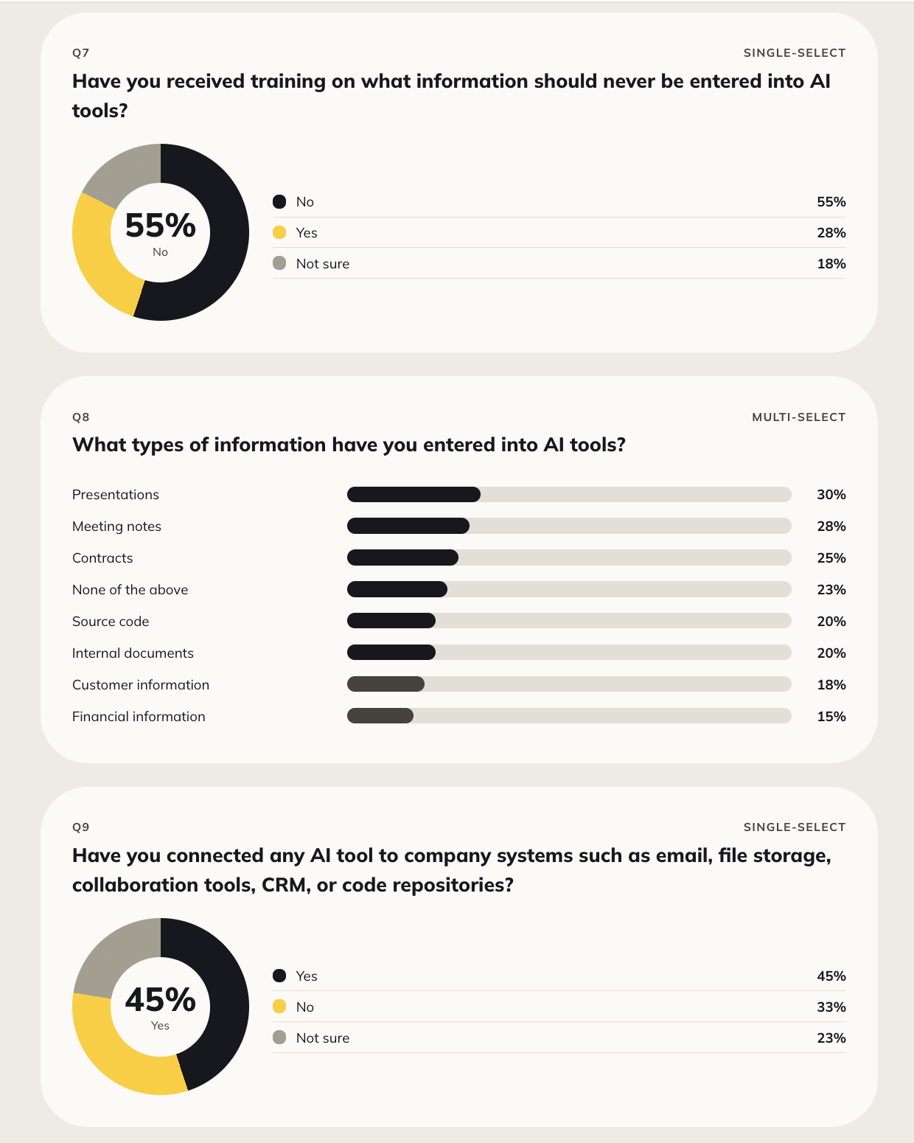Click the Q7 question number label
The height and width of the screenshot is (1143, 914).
tap(81, 53)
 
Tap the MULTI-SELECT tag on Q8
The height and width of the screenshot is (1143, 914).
tap(798, 417)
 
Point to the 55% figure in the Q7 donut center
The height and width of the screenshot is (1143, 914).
tap(161, 225)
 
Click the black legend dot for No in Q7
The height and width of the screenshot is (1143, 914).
tap(279, 202)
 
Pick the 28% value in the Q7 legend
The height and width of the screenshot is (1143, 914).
tap(831, 232)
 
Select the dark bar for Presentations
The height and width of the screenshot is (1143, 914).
tap(414, 495)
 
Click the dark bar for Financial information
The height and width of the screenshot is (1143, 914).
tap(380, 716)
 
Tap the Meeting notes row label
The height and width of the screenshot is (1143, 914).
tap(116, 527)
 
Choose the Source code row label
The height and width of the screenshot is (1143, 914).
tap(111, 622)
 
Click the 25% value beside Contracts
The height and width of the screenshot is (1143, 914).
tap(831, 557)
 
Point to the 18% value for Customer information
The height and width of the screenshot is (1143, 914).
tap(831, 684)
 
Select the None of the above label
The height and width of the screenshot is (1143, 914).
tap(130, 589)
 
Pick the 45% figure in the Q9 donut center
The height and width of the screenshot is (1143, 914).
tap(161, 999)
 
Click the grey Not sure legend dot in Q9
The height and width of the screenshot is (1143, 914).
tap(279, 1038)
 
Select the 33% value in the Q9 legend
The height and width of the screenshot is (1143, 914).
tap(831, 1007)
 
